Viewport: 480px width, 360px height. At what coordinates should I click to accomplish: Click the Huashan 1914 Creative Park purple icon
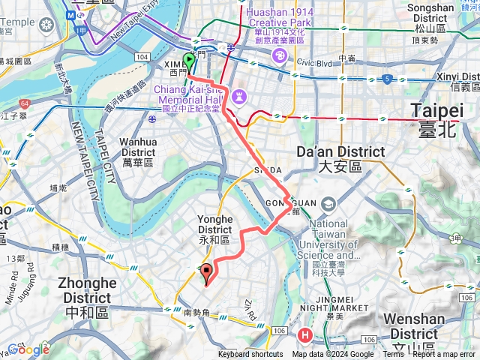(x=279, y=55)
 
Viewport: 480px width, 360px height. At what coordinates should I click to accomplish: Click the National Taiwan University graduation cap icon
(x=328, y=205)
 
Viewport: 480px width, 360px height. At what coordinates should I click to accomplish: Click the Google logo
(x=28, y=349)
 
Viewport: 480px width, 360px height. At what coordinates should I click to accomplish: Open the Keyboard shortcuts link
(x=250, y=355)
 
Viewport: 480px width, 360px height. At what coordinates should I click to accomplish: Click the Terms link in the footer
(x=393, y=355)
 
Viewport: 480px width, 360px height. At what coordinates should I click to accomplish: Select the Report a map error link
(x=444, y=355)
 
